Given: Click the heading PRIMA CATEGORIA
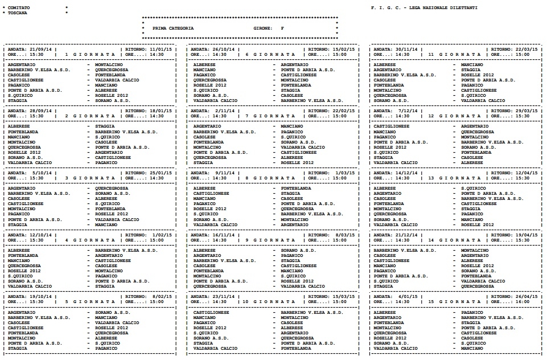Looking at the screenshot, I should pos(173,28).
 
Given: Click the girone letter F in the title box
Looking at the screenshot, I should pos(282,28).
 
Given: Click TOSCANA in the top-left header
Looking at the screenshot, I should pos(18,12).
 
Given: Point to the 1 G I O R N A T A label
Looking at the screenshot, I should pos(91,54).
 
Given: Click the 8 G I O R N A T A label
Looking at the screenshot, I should pos(277,178).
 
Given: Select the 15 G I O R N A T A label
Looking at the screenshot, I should pos(459,301).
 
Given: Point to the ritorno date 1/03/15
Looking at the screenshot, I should pos(346,173).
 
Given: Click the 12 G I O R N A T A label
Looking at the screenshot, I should pos(459,116).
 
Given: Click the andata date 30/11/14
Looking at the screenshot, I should pos(407,49).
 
